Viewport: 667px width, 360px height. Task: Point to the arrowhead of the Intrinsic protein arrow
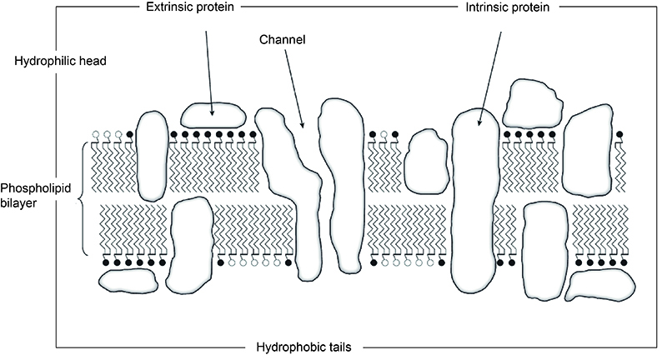[x=479, y=127]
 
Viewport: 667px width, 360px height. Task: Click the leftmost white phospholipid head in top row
[x=96, y=133]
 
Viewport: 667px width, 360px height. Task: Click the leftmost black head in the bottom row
[x=105, y=262]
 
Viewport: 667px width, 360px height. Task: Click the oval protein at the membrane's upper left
[x=151, y=154]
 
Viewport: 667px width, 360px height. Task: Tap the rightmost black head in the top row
[x=619, y=133]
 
